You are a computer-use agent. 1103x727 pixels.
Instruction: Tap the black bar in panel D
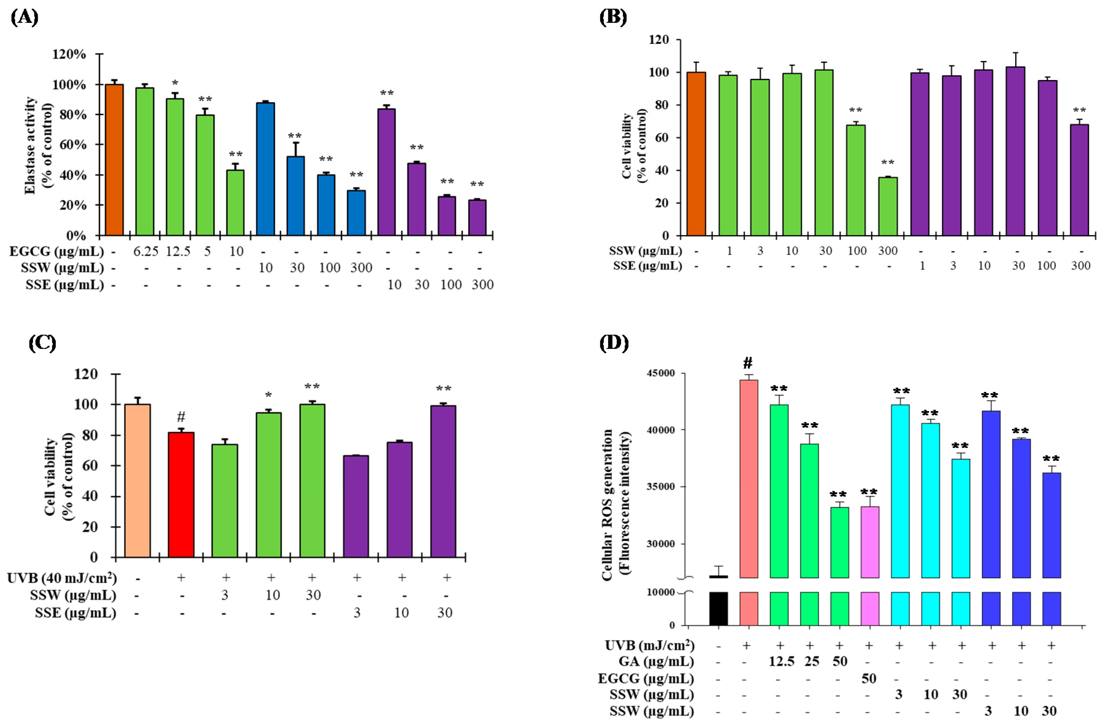[x=718, y=608]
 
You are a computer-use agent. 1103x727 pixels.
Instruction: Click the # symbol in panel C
[x=181, y=416]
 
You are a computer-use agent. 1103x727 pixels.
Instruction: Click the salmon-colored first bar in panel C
[x=138, y=480]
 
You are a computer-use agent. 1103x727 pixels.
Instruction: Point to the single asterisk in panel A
[x=175, y=83]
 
